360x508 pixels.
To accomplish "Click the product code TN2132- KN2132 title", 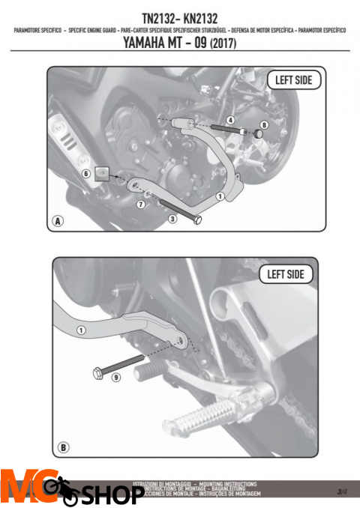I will click(x=180, y=16).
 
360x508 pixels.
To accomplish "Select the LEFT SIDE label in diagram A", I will click(x=294, y=79).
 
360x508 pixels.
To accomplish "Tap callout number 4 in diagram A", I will click(x=231, y=120).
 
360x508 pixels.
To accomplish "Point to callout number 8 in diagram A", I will click(x=264, y=124).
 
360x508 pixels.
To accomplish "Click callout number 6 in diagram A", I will click(x=86, y=173).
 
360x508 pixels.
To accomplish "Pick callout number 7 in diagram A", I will click(x=140, y=203).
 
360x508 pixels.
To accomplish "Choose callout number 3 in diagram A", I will click(x=172, y=218).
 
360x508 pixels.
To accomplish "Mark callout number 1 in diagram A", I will click(x=220, y=196).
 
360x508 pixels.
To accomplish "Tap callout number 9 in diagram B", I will click(x=115, y=378).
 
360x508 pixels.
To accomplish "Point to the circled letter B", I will click(x=64, y=447).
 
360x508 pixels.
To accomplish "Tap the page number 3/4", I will click(x=342, y=492).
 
